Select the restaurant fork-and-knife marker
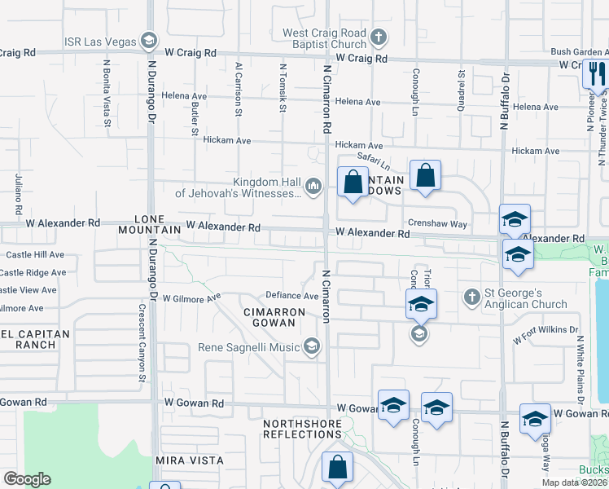pyautogui.click(x=596, y=75)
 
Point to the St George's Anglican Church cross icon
pyautogui.click(x=471, y=297)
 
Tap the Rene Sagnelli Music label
pyautogui.click(x=248, y=348)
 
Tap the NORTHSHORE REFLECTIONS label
pyautogui.click(x=301, y=429)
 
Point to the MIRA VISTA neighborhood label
pyautogui.click(x=189, y=460)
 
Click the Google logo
pyautogui.click(x=27, y=479)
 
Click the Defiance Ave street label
pyautogui.click(x=291, y=296)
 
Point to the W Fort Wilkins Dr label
pyautogui.click(x=543, y=334)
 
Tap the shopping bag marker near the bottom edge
pyautogui.click(x=337, y=468)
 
